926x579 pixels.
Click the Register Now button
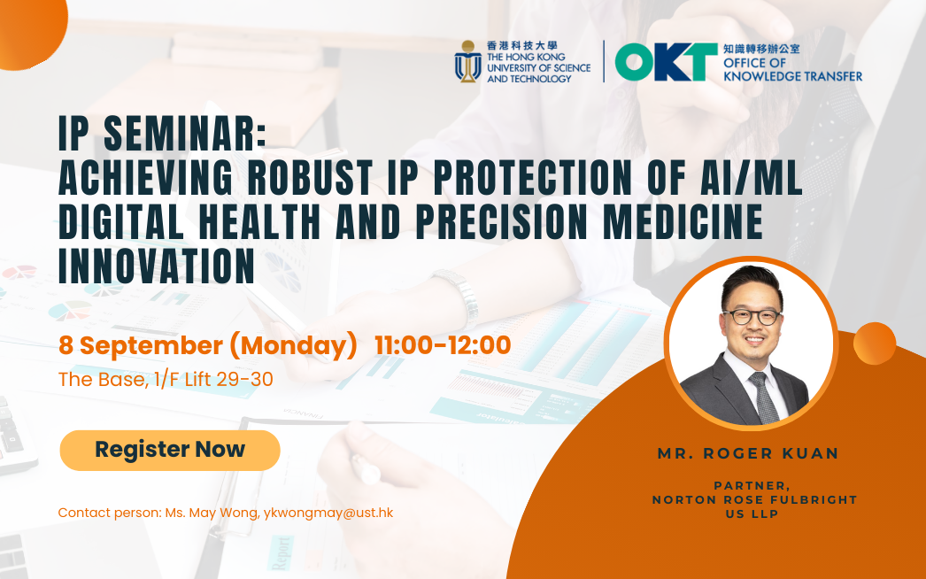click(170, 451)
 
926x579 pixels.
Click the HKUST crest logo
click(467, 61)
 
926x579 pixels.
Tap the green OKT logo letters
click(666, 61)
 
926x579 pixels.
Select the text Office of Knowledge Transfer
click(792, 69)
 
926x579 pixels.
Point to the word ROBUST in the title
click(310, 177)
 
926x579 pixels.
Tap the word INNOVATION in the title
click(157, 266)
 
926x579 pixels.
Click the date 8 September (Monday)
click(208, 345)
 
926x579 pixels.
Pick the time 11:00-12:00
click(443, 345)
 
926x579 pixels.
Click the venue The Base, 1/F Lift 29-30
click(166, 379)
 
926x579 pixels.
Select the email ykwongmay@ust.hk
click(328, 513)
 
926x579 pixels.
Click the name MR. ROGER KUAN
click(748, 453)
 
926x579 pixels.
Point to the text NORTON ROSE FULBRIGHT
click(755, 500)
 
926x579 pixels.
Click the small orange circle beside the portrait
click(875, 344)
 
